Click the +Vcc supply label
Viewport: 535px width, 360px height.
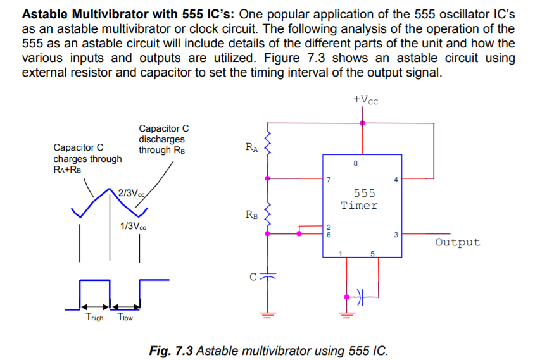tap(366, 99)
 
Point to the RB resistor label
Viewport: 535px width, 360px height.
tap(251, 215)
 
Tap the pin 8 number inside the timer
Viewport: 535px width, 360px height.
tap(355, 164)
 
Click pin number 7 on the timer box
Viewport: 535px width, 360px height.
tap(329, 180)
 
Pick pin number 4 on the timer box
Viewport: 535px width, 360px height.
tap(396, 180)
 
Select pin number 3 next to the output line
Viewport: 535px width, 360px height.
tap(396, 236)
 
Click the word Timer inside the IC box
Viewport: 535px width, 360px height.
tap(359, 206)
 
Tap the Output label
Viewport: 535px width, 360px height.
tap(458, 242)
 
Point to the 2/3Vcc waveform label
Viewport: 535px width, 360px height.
tap(132, 193)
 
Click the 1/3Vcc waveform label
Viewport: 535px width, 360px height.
tap(133, 227)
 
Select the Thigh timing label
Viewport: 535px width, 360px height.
tap(94, 317)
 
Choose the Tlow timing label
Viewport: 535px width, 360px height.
tap(125, 317)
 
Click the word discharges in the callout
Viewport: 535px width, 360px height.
tap(161, 139)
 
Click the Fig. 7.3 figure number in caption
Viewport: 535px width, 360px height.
tap(171, 351)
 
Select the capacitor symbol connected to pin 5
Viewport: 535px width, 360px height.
tap(362, 295)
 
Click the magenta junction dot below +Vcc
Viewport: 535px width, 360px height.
tap(362, 123)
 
